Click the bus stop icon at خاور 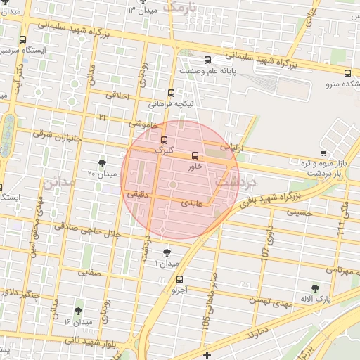[x=195, y=156]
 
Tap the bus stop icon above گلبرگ [x=164, y=139]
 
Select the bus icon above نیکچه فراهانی [x=171, y=93]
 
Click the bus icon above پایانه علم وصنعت [x=207, y=60]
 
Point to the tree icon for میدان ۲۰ [x=103, y=162]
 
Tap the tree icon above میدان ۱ [x=167, y=252]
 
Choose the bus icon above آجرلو [x=179, y=278]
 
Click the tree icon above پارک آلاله [x=314, y=288]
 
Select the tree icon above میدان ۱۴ [x=78, y=310]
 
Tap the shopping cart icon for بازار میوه [x=323, y=153]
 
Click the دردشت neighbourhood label [x=235, y=181]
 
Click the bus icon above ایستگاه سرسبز [x=22, y=39]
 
